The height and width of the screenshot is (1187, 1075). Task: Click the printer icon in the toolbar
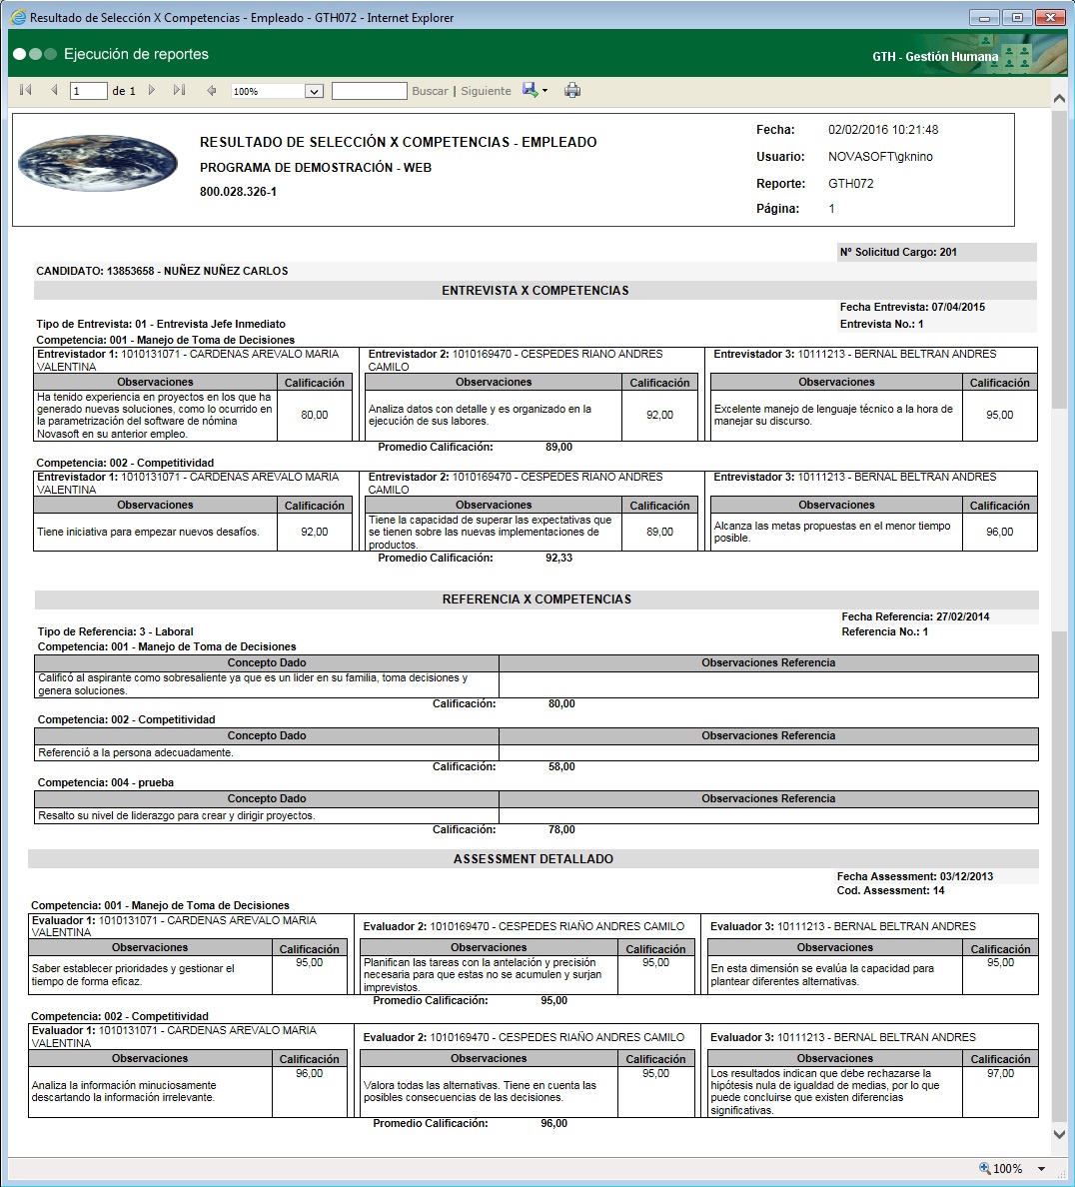coord(572,91)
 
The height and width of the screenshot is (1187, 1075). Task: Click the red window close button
coord(1049,18)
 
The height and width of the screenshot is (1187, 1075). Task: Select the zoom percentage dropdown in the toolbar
coord(277,91)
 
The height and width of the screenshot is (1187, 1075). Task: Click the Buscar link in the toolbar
coord(430,91)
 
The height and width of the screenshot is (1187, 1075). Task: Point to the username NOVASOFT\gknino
coord(880,157)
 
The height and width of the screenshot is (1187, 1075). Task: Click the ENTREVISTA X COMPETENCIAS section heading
coord(536,291)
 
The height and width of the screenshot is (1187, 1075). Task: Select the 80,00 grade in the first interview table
coord(315,415)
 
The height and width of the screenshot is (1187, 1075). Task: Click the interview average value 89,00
coord(559,447)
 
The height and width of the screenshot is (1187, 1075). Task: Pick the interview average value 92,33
coord(559,558)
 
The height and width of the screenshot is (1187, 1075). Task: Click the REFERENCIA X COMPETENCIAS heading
coord(537,599)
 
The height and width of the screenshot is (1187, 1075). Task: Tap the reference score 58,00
coord(561,766)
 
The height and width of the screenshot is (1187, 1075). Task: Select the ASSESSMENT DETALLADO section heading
coord(534,859)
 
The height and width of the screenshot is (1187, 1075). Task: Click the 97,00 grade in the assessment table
coord(1000,1073)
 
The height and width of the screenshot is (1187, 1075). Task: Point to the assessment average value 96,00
coord(553,1123)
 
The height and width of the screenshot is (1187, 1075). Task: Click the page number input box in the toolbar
coord(89,91)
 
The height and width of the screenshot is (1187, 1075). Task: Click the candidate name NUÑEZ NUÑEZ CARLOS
coord(226,271)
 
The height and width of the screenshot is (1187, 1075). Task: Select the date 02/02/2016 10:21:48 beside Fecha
coord(883,130)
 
